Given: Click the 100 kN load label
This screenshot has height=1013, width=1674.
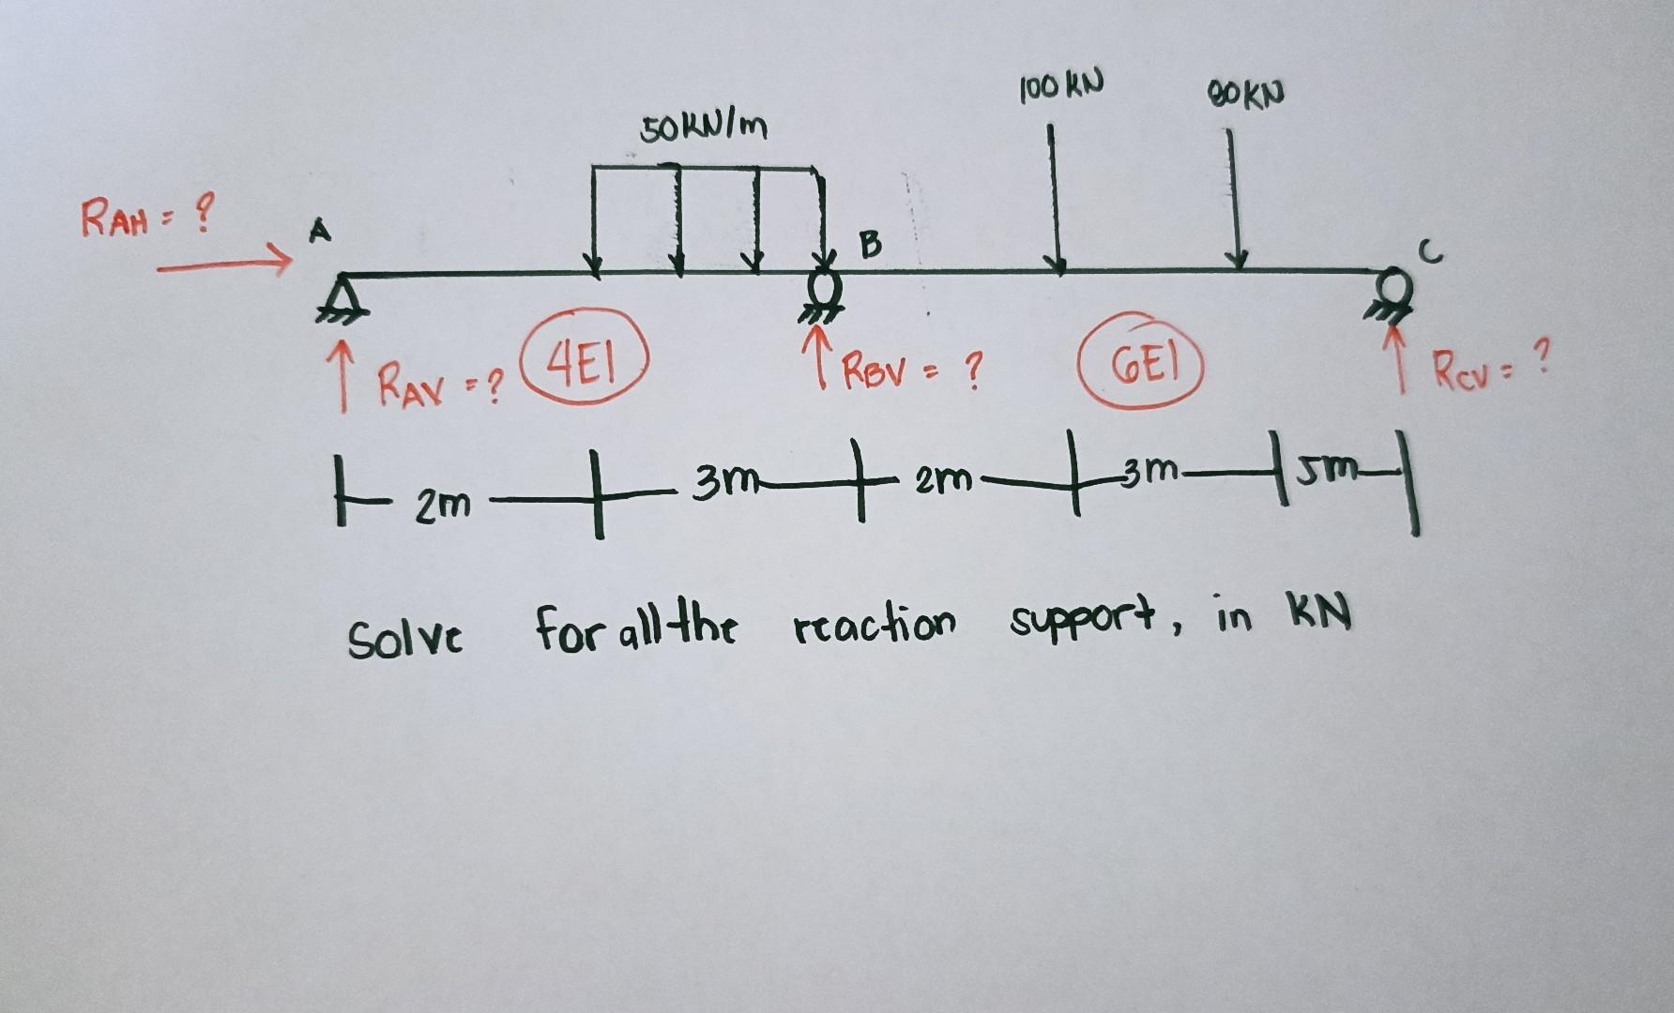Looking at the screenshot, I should tap(1060, 85).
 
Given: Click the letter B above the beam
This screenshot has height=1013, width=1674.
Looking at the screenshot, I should tap(871, 245).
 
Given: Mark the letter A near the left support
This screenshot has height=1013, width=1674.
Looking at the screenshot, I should tap(322, 233).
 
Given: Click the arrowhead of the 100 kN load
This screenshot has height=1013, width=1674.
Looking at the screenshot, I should tap(1058, 266).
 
